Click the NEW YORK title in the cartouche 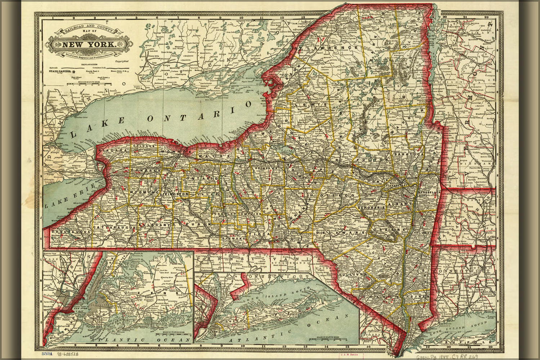tap(89, 45)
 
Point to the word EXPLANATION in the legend tap(89, 64)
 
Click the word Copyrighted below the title tap(122, 61)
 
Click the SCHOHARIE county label tap(372, 208)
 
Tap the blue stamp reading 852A tap(46, 354)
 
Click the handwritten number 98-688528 tap(69, 354)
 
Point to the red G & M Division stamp tap(349, 354)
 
